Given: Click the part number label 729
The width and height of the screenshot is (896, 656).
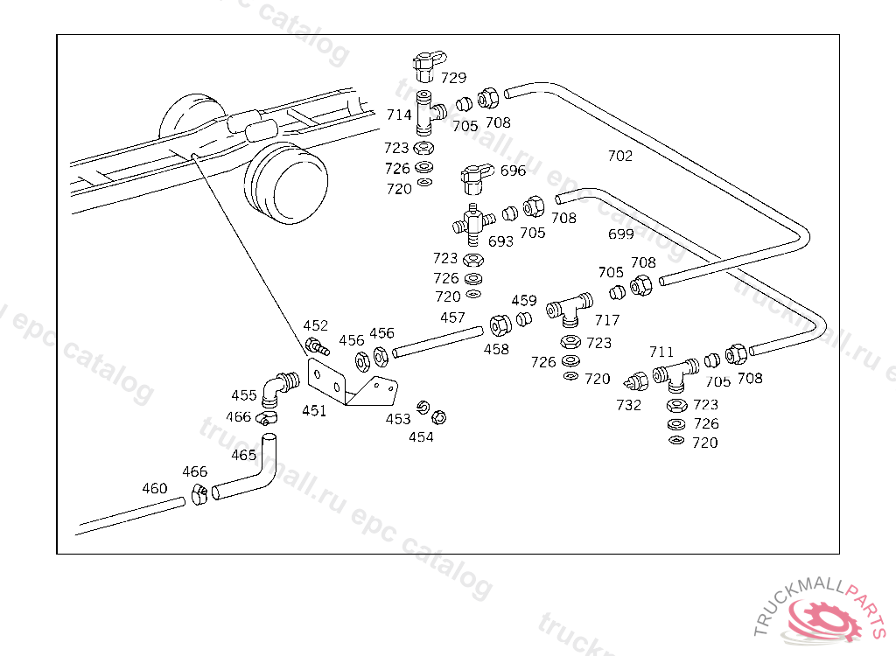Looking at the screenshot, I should click(x=453, y=78).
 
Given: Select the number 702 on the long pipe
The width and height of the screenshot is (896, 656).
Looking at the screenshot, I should click(x=619, y=156).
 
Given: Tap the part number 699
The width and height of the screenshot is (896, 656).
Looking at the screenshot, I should click(x=620, y=234).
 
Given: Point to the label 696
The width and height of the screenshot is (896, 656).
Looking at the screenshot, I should click(x=513, y=171).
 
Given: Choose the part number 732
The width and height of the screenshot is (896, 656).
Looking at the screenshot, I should click(x=628, y=405).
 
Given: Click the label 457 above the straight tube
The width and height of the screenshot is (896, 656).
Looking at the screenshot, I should click(x=452, y=318).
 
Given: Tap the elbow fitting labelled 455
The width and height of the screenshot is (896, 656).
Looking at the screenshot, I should click(x=281, y=384).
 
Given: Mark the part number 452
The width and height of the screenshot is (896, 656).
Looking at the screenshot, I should click(x=315, y=326).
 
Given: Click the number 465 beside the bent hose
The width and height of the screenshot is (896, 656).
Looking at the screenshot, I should click(x=243, y=455).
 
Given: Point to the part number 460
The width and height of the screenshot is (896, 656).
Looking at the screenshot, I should click(x=154, y=488).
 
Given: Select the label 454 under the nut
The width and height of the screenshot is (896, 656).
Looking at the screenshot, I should click(x=421, y=436).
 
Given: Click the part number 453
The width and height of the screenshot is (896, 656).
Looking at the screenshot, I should click(x=398, y=419).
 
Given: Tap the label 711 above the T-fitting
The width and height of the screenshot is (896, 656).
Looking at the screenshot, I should click(x=661, y=352).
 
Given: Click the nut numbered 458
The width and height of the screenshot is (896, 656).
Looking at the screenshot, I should click(x=501, y=326).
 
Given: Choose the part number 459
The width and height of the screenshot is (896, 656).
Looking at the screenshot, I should click(x=524, y=301).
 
